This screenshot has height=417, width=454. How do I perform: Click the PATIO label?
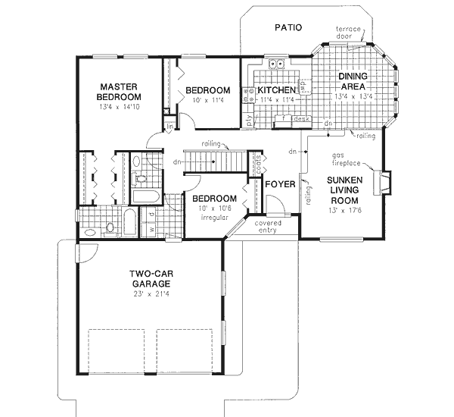[287, 27]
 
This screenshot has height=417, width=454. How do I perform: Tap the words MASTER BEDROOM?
[120, 92]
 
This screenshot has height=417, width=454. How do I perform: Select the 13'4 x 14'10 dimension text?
[120, 108]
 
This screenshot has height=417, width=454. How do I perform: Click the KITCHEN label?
[276, 90]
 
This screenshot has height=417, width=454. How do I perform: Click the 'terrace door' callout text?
[350, 33]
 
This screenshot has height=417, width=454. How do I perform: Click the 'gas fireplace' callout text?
[347, 159]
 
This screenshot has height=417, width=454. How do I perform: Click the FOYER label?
[278, 183]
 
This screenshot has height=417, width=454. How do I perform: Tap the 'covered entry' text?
[268, 227]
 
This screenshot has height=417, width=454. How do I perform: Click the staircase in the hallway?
[216, 161]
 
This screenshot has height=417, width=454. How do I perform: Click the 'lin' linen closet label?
[170, 126]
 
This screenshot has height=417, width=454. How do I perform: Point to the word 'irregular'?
[216, 217]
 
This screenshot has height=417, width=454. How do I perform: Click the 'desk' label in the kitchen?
[302, 119]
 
